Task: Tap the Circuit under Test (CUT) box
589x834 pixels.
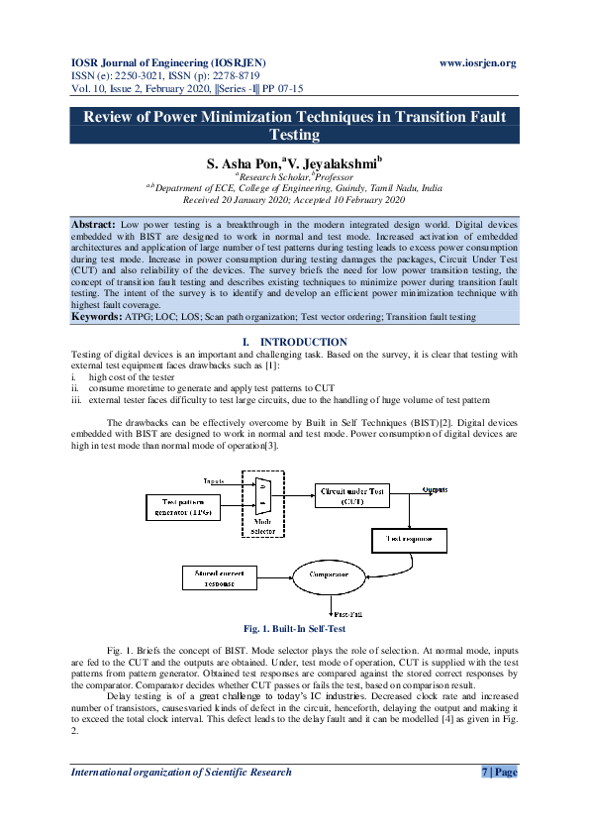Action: (352, 494)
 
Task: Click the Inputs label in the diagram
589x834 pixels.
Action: (215, 480)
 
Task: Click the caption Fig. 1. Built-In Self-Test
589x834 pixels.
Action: (294, 628)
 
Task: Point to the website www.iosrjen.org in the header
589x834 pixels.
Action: (477, 63)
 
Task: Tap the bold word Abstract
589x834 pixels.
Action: (94, 226)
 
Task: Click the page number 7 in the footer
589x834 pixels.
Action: (485, 772)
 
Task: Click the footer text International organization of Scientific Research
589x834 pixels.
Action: (181, 772)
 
